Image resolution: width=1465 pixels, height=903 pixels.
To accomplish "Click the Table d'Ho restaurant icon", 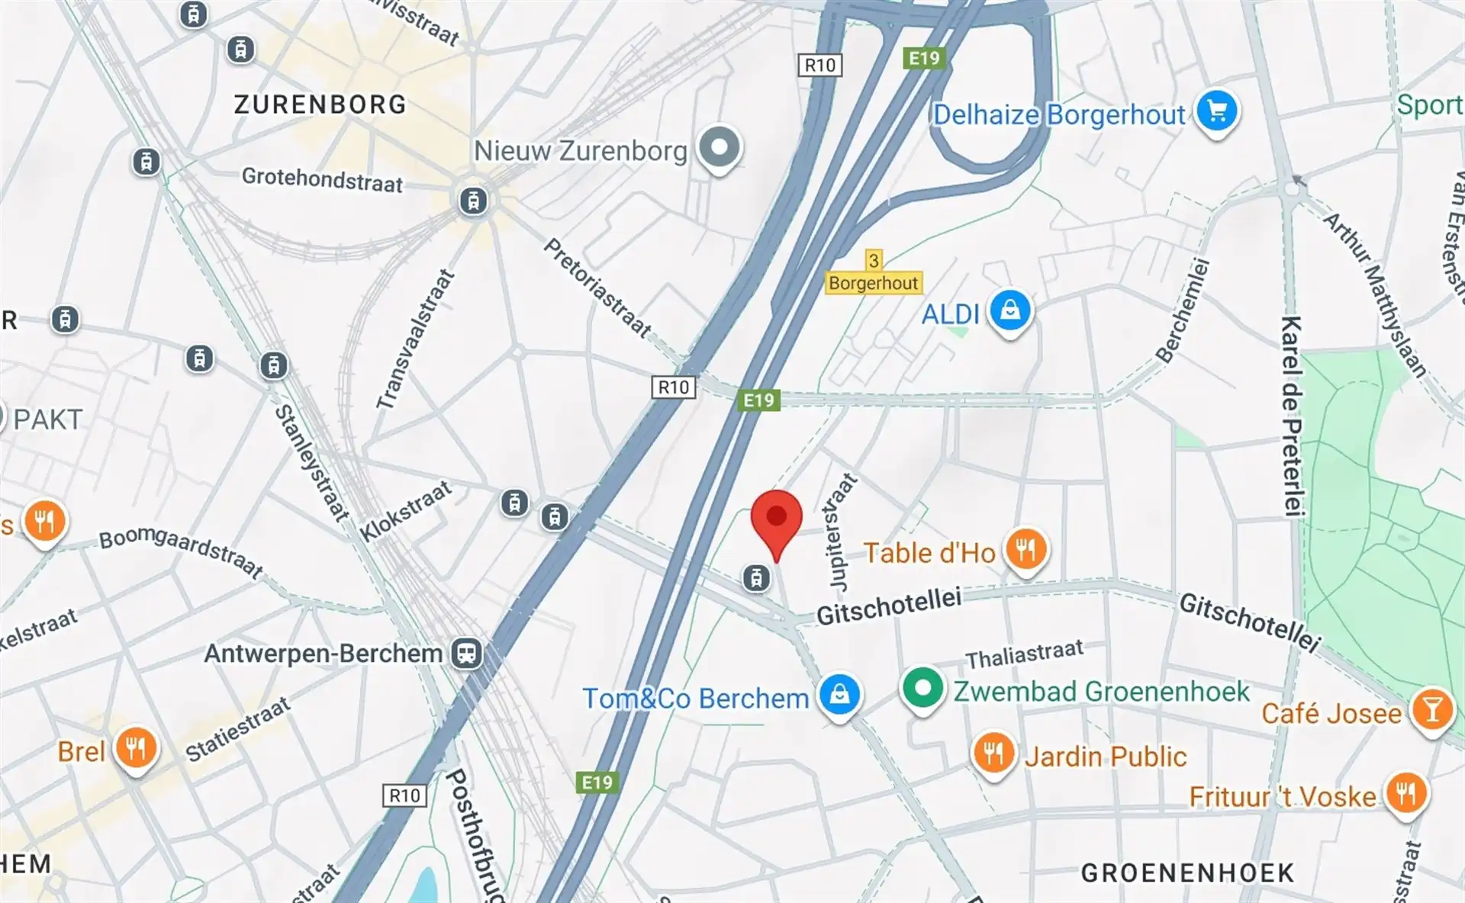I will pos(1025,549).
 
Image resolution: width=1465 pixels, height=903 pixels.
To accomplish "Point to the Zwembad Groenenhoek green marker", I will pos(922,689).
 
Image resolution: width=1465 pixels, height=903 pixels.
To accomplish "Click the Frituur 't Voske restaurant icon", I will pos(1405,795).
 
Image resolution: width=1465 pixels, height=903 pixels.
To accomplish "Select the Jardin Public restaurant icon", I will pos(993,754).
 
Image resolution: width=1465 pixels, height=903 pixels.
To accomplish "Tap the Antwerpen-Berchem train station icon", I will pos(465,653).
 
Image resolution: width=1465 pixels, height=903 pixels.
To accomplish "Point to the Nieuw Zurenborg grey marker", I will pos(719,146).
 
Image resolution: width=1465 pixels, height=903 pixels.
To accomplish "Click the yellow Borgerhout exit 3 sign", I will pos(874,274).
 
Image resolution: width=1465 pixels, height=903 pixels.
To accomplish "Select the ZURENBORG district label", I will pos(320,104).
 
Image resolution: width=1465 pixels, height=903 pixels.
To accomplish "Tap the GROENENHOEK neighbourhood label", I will pos(1187,872).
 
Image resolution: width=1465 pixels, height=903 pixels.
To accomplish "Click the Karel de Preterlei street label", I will pos(1291,416).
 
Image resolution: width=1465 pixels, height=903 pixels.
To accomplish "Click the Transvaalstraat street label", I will pos(416,339).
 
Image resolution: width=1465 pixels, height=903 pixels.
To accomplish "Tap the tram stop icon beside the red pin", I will pos(755,578).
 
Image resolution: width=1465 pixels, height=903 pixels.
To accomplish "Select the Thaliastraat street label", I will pos(1024,654).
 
